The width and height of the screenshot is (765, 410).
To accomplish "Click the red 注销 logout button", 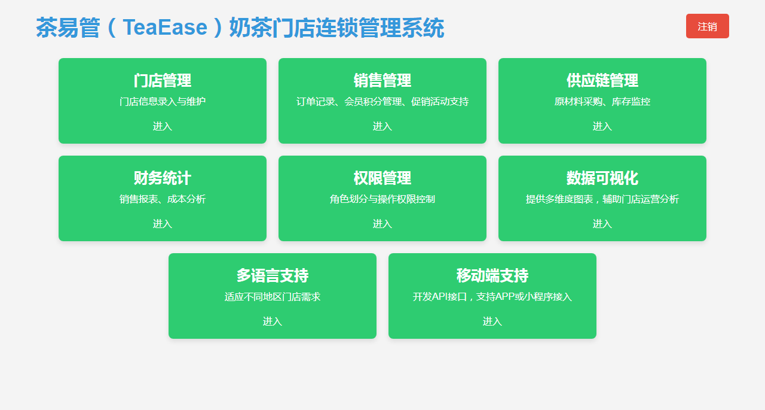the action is (707, 26).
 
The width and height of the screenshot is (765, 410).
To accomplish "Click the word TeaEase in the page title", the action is (165, 28).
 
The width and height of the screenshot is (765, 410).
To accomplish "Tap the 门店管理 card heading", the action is (162, 81).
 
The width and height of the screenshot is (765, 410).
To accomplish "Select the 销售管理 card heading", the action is (382, 81).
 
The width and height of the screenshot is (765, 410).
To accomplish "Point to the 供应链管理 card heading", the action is (602, 81).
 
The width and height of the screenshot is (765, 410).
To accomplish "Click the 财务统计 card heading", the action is (162, 178).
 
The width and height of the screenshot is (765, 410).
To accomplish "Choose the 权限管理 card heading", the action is (382, 178).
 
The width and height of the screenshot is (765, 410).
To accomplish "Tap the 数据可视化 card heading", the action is (602, 178).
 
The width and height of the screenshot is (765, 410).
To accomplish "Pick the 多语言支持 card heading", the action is (272, 275).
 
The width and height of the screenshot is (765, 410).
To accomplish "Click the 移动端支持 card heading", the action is (492, 275).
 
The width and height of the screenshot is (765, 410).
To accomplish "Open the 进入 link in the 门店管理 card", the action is (162, 126).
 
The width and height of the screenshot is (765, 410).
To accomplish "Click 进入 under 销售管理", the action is (382, 126).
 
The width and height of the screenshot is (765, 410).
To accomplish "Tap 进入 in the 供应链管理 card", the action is (602, 126).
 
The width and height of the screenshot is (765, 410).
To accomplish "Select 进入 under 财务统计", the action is (162, 224).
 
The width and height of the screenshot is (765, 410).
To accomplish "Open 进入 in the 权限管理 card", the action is (382, 224).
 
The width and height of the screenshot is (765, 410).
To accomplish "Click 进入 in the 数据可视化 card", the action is (602, 224).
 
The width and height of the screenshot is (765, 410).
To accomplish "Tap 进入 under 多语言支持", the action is (272, 321).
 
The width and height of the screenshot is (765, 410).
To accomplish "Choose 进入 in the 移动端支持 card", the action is (492, 321).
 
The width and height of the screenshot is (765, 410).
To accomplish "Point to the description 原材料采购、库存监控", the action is (602, 102).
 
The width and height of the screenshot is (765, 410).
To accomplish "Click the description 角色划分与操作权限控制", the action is (382, 199).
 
